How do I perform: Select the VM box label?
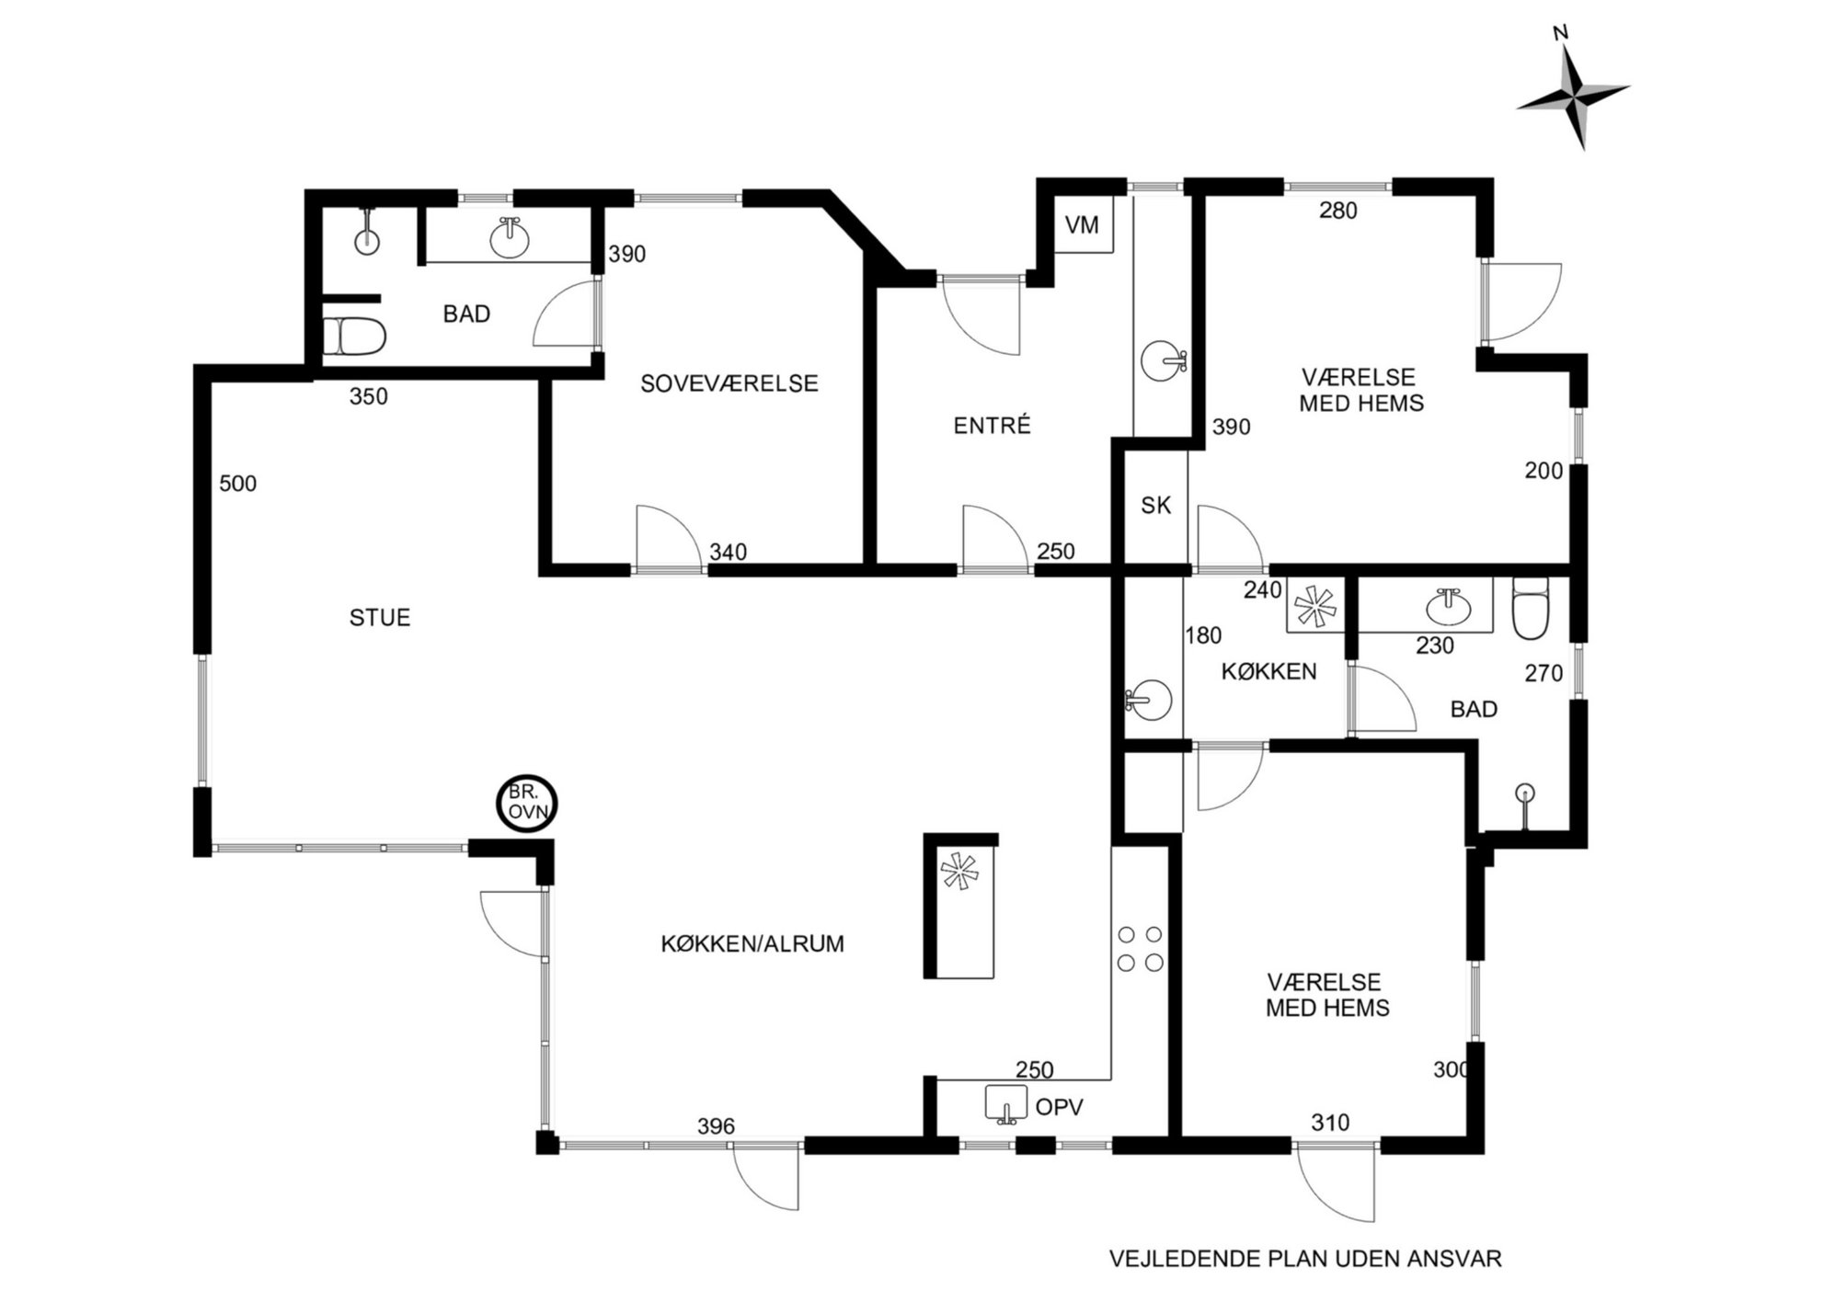pos(1082,224)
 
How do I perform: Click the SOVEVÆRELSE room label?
pos(729,383)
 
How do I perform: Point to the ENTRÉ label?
pos(992,426)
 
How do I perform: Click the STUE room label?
pos(380,618)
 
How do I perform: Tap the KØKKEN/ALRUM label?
pos(752,944)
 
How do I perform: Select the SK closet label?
pos(1155,505)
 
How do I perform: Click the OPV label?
pos(1060,1107)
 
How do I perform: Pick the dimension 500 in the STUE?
pos(237,484)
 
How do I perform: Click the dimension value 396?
pos(717,1126)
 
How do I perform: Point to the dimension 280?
pos(1338,211)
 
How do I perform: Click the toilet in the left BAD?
pos(354,337)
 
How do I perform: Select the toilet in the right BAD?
pos(1531,607)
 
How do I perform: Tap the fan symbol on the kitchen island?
pos(959,871)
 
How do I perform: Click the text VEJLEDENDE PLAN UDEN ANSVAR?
pos(1305,1259)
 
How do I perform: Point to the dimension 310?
pos(1330,1123)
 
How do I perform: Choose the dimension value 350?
pos(369,397)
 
